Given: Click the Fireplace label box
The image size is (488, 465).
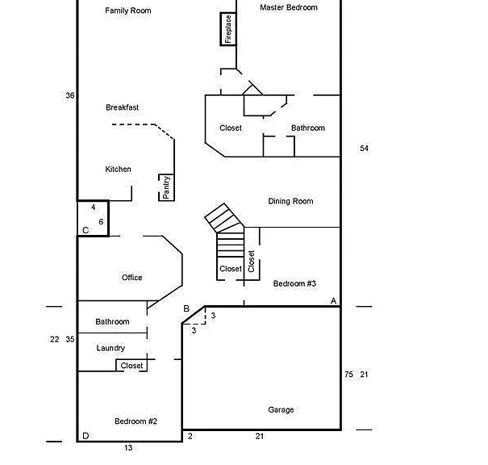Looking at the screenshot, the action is point(228,29).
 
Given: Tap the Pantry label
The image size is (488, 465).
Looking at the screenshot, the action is point(166,187).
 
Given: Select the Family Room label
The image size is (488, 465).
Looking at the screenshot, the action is point(128,10).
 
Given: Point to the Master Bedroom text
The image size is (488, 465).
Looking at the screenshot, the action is point(289,7).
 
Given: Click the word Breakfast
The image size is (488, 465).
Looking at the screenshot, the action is point(123,107).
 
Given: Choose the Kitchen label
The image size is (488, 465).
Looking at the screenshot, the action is point(119,169).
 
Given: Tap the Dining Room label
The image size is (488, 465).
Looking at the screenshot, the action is point(290,201).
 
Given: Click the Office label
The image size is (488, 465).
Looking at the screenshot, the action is point(132,278).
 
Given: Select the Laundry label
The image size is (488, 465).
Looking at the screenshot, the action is point(111,348).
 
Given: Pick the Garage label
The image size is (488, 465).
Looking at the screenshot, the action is point(281,410).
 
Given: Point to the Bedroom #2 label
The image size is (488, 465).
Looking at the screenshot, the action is point(136,421).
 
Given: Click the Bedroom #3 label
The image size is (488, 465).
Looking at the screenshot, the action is point(294,283).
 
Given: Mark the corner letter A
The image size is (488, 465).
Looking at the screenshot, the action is point(334,301).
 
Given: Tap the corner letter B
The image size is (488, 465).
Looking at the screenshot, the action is point(186,308).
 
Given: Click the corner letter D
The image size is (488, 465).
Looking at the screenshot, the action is point(86,436).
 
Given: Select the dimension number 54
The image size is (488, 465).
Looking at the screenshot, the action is point(364,149).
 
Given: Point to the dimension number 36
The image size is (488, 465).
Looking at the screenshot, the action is point(70,95).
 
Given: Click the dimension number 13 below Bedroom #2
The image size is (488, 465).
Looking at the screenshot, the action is point(128,448).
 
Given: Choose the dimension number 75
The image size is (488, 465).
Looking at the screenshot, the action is point(349,375).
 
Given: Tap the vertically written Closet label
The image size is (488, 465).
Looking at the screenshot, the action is point(252,262).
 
